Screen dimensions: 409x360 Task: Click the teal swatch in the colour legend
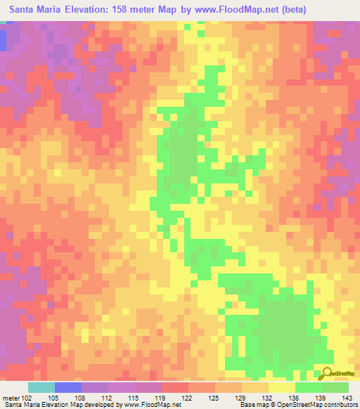(41, 387)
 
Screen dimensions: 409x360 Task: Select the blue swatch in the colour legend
(67, 387)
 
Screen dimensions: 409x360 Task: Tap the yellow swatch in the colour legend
(281, 387)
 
